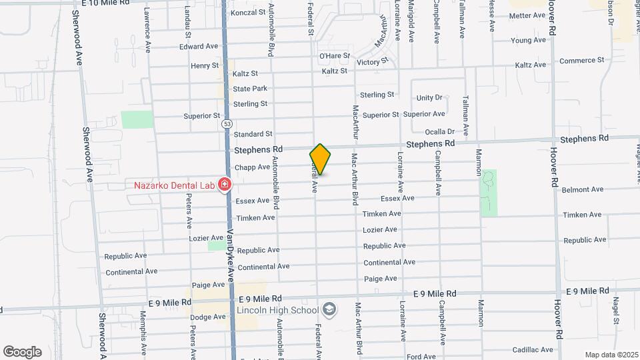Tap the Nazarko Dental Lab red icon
pos(225,184)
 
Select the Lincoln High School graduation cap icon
pos(328,310)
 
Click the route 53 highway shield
pos(228,124)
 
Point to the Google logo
pos(22,351)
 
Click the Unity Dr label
pos(429,98)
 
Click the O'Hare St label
pos(335,56)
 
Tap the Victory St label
pos(373,62)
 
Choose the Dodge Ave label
pos(208,317)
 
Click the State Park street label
pos(250,89)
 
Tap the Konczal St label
pos(248,13)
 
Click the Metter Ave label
pos(528,15)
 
